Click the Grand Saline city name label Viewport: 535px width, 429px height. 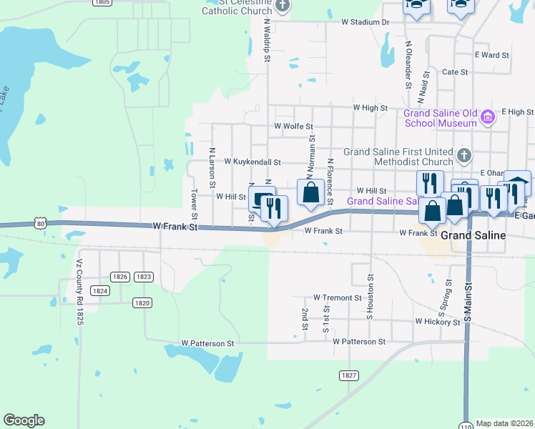point(473,235)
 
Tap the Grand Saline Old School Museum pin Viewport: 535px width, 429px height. point(489,117)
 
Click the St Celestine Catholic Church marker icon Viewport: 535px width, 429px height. point(283,6)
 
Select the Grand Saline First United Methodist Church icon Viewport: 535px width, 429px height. point(463,154)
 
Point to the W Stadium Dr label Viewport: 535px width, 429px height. point(365,22)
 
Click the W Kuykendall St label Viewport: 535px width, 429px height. point(252,162)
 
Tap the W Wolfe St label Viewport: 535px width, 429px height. point(294,127)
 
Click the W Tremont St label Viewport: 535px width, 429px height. point(338,297)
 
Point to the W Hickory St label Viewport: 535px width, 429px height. point(437,322)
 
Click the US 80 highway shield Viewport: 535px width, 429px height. point(41,223)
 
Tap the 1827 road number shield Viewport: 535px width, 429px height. point(348,375)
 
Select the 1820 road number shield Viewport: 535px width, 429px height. point(142,302)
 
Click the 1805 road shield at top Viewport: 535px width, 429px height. point(102,3)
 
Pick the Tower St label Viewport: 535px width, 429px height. point(194,204)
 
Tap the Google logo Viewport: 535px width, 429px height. point(24,420)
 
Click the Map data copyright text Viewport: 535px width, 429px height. point(505,423)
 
